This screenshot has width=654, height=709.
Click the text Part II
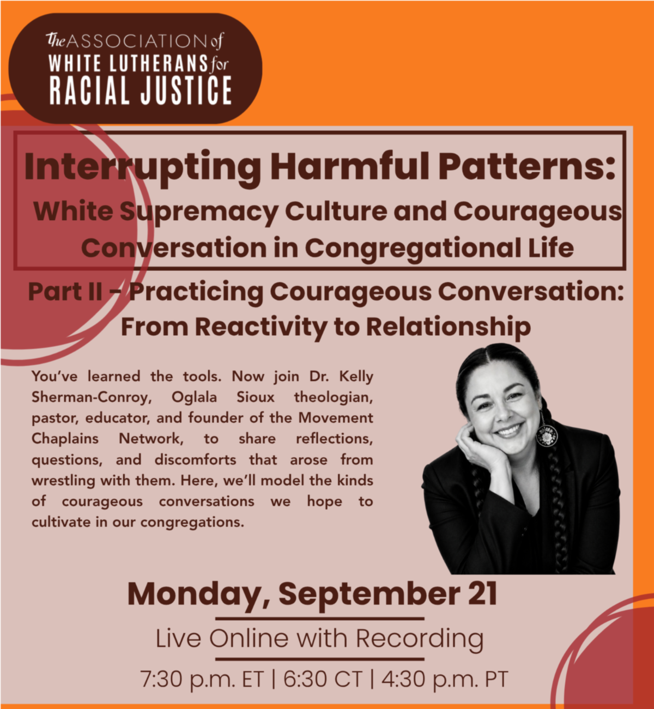coord(65,292)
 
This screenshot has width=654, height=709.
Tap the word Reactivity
coord(262,328)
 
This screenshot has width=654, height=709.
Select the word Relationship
coord(449,327)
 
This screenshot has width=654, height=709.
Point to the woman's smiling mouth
coord(510,429)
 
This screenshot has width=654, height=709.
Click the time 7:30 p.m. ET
coord(202,679)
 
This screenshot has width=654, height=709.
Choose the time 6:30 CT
coord(323,679)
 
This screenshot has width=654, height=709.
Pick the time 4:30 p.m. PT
coord(444,679)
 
